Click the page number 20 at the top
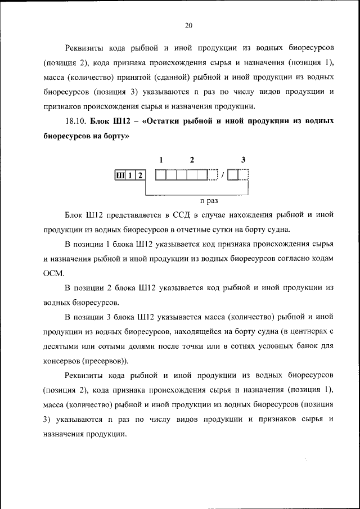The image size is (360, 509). coord(188,25)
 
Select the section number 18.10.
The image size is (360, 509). coord(75,121)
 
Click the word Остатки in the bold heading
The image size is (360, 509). coord(165,121)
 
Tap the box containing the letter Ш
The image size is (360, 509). coord(119,175)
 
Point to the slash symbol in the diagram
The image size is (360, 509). coord(223,175)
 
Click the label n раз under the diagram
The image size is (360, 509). coord(209,200)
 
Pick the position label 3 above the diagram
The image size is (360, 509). coord(243,160)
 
